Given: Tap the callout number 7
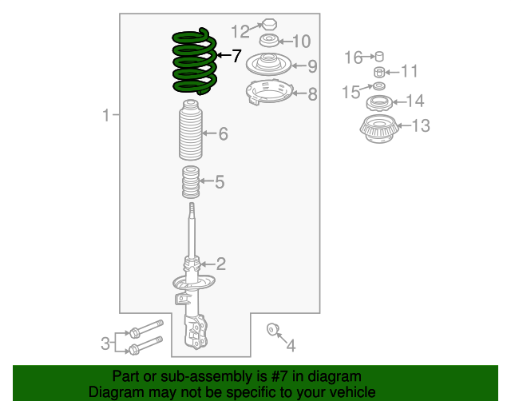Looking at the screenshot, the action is tap(236, 56).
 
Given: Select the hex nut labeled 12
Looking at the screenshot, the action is tap(270, 24).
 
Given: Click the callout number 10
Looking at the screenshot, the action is tap(302, 42).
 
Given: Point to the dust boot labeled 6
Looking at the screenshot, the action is tap(191, 130).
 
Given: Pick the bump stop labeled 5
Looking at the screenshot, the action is tap(191, 181).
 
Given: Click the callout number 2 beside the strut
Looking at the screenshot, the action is tap(221, 264).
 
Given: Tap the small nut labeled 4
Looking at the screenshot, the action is tap(271, 329).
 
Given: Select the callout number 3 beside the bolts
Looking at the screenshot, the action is tap(105, 343).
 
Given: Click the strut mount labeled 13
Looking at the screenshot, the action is tap(379, 129).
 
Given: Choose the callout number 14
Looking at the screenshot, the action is tap(415, 101).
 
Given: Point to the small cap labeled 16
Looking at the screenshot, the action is tap(379, 57).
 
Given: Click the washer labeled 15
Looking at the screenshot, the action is tap(378, 86).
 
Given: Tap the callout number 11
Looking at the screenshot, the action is tap(409, 71).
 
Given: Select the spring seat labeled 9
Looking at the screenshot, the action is tap(268, 64).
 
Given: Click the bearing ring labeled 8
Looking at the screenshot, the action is tap(270, 93).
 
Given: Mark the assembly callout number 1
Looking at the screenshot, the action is tap(106, 115).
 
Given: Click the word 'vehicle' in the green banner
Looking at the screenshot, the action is tap(354, 392).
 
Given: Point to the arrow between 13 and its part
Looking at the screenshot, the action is tap(405, 125).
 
